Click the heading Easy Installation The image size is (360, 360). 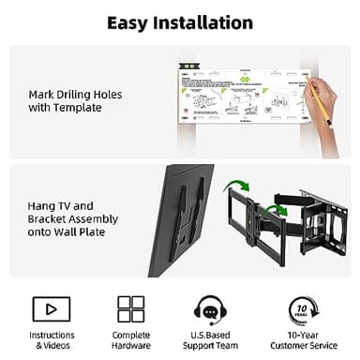click(x=179, y=22)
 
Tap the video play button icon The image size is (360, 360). click(x=51, y=308)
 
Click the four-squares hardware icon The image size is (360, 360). click(x=130, y=308)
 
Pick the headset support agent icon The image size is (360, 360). click(x=208, y=308)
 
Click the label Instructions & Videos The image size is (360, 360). click(x=52, y=339)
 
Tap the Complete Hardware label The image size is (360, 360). click(x=131, y=339)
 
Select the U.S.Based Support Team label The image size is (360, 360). click(x=209, y=339)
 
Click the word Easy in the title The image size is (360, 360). click(x=128, y=22)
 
